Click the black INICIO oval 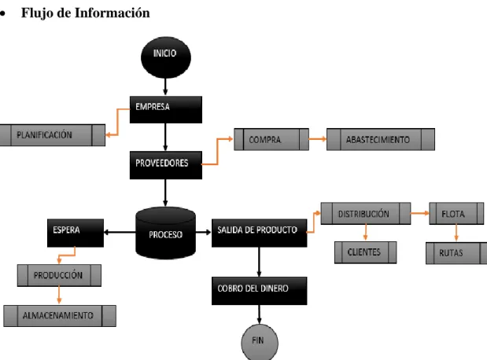tap(166, 57)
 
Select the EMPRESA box tap(166, 109)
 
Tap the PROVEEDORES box tap(166, 165)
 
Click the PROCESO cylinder tap(165, 233)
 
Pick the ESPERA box tap(76, 233)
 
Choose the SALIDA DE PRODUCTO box tap(260, 233)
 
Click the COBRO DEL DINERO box tap(260, 291)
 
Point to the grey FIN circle tap(260, 342)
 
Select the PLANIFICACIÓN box tap(53, 135)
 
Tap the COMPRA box tap(271, 139)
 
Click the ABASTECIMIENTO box tap(381, 139)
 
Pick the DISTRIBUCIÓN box tap(366, 214)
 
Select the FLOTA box tap(456, 214)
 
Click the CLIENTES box tap(366, 252)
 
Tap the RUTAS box tap(456, 253)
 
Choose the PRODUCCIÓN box tap(59, 275)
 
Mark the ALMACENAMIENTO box tap(60, 316)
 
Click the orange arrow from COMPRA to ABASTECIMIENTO tap(318, 138)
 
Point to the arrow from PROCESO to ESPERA tap(120, 232)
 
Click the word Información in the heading tap(113, 13)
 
